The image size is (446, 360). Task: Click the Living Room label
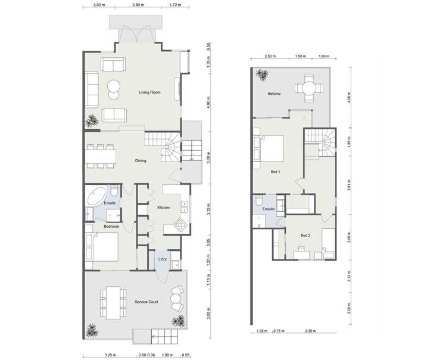tap(150, 92)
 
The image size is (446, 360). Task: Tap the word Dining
tap(141, 160)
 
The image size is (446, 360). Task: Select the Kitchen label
tap(164, 207)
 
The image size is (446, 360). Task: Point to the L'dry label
tap(161, 259)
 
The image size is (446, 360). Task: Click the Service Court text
tap(146, 303)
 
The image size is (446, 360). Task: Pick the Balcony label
tap(275, 94)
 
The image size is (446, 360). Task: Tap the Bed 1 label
tap(275, 172)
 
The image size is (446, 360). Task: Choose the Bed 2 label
tap(305, 235)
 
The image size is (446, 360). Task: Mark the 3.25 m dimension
tap(109, 355)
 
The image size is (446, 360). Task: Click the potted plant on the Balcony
tap(262, 75)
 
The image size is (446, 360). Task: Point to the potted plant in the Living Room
tap(92, 121)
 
